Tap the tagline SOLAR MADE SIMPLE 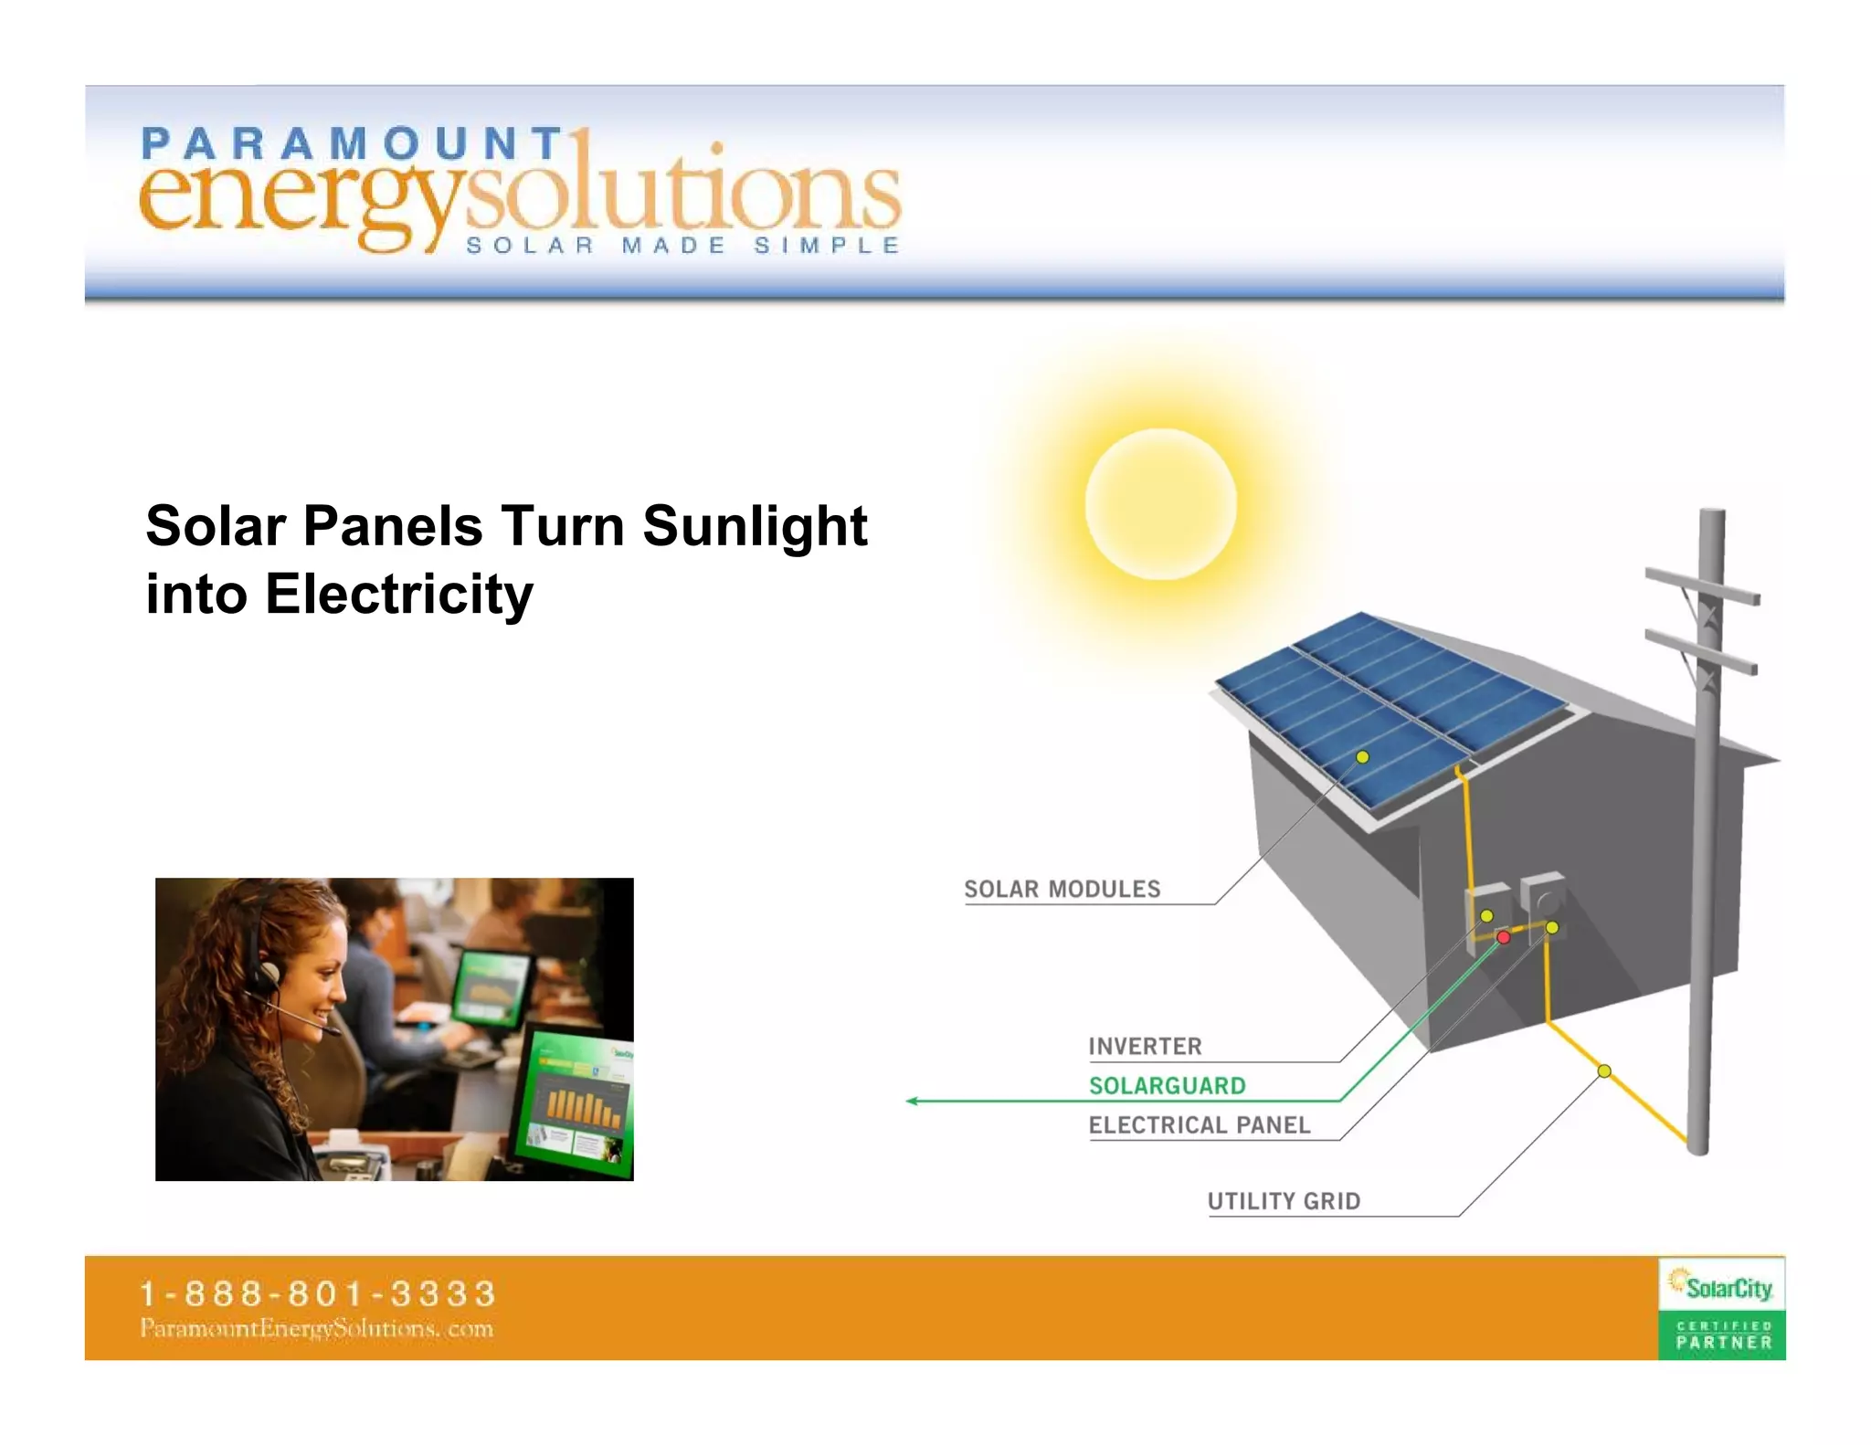[x=682, y=246]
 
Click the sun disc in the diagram [x=1160, y=503]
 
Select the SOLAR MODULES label [x=1062, y=889]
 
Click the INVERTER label [x=1145, y=1046]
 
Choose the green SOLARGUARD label [x=1167, y=1085]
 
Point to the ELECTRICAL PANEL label [x=1199, y=1124]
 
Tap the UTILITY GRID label [x=1284, y=1200]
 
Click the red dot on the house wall [x=1504, y=937]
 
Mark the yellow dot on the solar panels [x=1362, y=757]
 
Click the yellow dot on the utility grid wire [x=1604, y=1071]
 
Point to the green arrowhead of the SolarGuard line [x=912, y=1101]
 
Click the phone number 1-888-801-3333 [x=317, y=1293]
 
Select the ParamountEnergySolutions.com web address [x=316, y=1328]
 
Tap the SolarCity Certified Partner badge [x=1721, y=1308]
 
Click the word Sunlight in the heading [x=755, y=526]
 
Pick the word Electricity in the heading [x=399, y=595]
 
